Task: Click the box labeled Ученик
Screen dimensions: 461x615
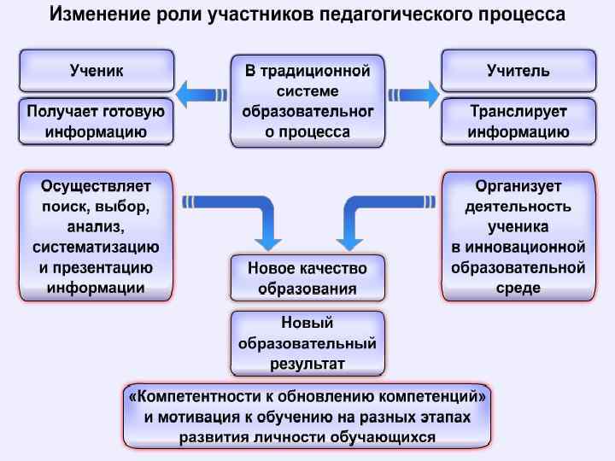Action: click(96, 71)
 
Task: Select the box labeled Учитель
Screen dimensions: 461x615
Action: click(518, 71)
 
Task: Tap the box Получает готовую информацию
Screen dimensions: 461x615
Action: click(96, 121)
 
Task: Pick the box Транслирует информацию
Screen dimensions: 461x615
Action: click(518, 121)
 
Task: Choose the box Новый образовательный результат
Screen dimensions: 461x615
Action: click(307, 343)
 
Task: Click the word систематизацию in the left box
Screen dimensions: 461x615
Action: click(96, 248)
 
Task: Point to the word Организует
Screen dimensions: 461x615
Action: click(518, 186)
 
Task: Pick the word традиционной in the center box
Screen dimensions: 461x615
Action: click(318, 71)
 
